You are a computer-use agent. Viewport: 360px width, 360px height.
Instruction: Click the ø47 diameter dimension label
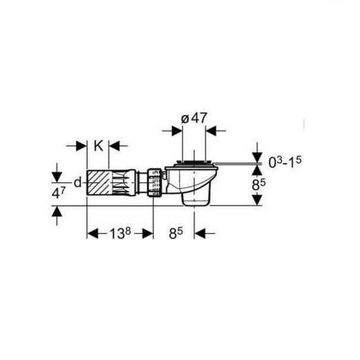pos(194,119)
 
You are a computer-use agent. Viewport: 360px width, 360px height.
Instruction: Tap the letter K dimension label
pos(98,146)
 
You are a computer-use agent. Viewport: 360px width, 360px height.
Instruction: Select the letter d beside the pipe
pos(78,183)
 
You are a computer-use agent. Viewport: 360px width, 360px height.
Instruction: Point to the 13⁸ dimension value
pos(120,234)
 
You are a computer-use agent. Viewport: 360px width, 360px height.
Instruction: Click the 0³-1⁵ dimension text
pos(285,162)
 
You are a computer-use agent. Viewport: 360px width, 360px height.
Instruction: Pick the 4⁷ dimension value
pos(57,194)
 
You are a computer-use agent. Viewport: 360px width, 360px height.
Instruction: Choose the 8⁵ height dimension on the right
pos(259,185)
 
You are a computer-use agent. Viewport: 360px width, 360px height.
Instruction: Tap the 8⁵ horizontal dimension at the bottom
pos(176,234)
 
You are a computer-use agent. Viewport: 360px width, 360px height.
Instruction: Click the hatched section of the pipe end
pos(98,183)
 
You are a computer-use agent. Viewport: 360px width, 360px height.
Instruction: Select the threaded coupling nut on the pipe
pos(155,183)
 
